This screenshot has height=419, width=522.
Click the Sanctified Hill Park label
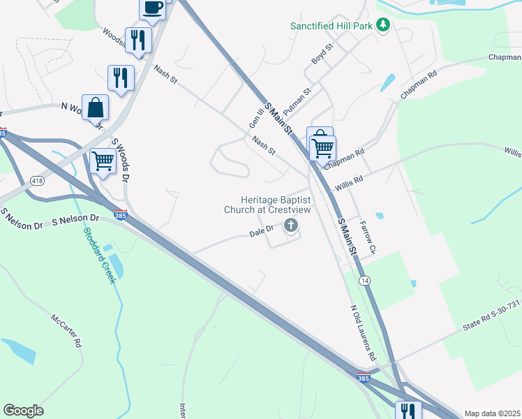332,26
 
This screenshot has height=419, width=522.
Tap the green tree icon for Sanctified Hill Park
382,25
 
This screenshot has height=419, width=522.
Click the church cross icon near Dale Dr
290,225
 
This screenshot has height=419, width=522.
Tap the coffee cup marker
153,8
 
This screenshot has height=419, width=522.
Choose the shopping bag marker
96,108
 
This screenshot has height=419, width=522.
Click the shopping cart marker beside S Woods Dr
103,161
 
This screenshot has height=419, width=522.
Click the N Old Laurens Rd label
363,330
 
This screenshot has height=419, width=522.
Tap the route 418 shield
38,182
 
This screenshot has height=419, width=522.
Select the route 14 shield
364,280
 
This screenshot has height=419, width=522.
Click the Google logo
23,411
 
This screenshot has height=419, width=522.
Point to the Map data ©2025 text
492,413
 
